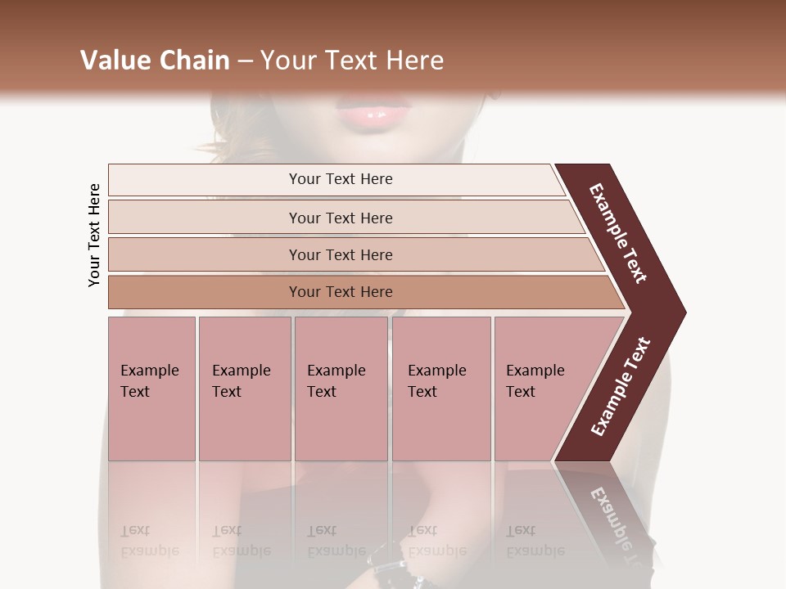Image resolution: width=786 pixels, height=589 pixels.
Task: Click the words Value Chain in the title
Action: point(155,61)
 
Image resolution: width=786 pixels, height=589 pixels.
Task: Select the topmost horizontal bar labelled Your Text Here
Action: point(341,179)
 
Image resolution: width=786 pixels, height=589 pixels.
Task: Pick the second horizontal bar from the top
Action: point(341,218)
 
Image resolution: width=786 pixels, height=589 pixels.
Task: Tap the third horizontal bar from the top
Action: point(341,254)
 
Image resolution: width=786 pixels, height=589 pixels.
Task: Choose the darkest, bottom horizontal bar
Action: point(341,292)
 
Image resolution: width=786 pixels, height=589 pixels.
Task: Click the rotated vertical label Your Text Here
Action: point(94,235)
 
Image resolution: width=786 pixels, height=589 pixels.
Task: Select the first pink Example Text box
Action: point(151,389)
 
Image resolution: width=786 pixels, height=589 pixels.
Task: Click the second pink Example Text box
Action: point(244,389)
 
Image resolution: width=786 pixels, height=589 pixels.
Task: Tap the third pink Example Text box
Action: point(341,389)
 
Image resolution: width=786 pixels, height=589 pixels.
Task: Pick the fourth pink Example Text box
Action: point(441,389)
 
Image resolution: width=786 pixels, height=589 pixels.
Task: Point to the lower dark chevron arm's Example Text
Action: point(621,387)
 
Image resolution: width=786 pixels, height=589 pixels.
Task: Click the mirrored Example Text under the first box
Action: point(150,541)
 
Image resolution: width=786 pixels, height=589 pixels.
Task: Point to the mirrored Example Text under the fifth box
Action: point(535,541)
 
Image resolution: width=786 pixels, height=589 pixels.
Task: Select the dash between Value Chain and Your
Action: point(244,61)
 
